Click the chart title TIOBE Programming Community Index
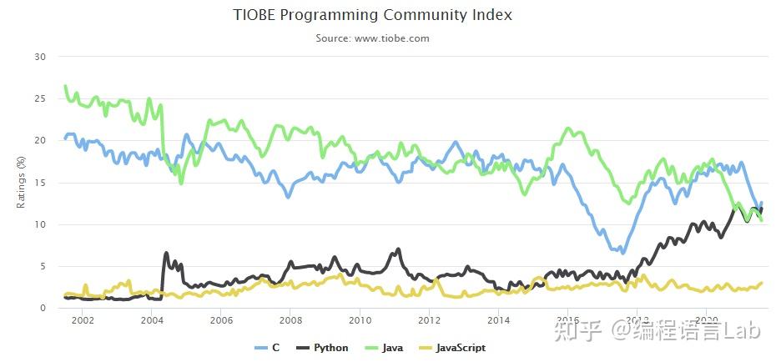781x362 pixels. [x=372, y=15]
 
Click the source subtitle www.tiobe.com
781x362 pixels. [x=372, y=38]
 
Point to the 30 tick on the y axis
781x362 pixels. [x=40, y=57]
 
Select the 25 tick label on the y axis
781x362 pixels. [x=40, y=98]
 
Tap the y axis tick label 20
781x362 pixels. [x=40, y=140]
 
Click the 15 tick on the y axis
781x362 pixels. [x=40, y=183]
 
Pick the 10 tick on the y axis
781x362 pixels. [x=40, y=224]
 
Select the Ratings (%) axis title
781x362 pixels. [x=22, y=183]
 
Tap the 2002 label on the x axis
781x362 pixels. [x=82, y=320]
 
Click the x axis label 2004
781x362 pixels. [x=152, y=320]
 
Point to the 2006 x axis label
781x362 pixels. [x=221, y=320]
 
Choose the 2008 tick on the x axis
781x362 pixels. [x=290, y=320]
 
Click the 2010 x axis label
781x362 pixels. [x=360, y=320]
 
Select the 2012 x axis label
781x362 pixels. [x=429, y=320]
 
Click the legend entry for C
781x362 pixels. [x=267, y=348]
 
